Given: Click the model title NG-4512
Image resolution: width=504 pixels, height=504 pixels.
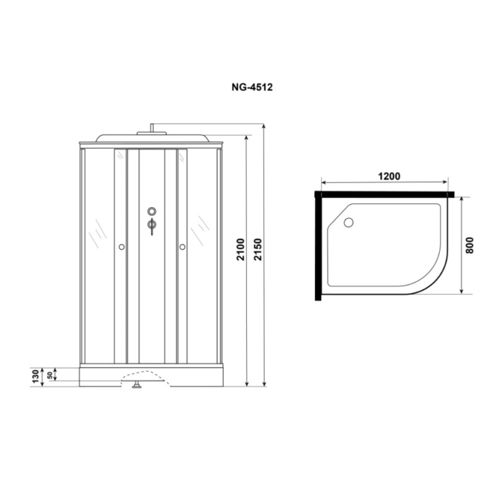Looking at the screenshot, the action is tap(252, 87).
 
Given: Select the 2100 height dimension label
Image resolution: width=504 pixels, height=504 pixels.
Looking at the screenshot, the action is tap(241, 249).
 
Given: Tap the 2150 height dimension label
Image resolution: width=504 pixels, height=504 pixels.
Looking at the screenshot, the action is tap(258, 249).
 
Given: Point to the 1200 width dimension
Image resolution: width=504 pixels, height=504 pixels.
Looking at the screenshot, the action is tap(389, 176).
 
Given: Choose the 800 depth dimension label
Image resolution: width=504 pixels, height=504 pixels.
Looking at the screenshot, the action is tap(470, 245).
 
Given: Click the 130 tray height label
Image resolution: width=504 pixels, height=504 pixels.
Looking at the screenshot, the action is tap(36, 376).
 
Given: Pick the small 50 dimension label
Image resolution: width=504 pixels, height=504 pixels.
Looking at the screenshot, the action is tap(50, 375).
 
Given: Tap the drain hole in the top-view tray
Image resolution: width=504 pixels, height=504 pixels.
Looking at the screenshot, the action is tap(348, 222).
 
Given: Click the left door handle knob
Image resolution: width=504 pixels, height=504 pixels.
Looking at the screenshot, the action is tap(121, 247).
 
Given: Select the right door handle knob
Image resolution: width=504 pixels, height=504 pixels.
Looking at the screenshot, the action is tap(182, 247).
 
